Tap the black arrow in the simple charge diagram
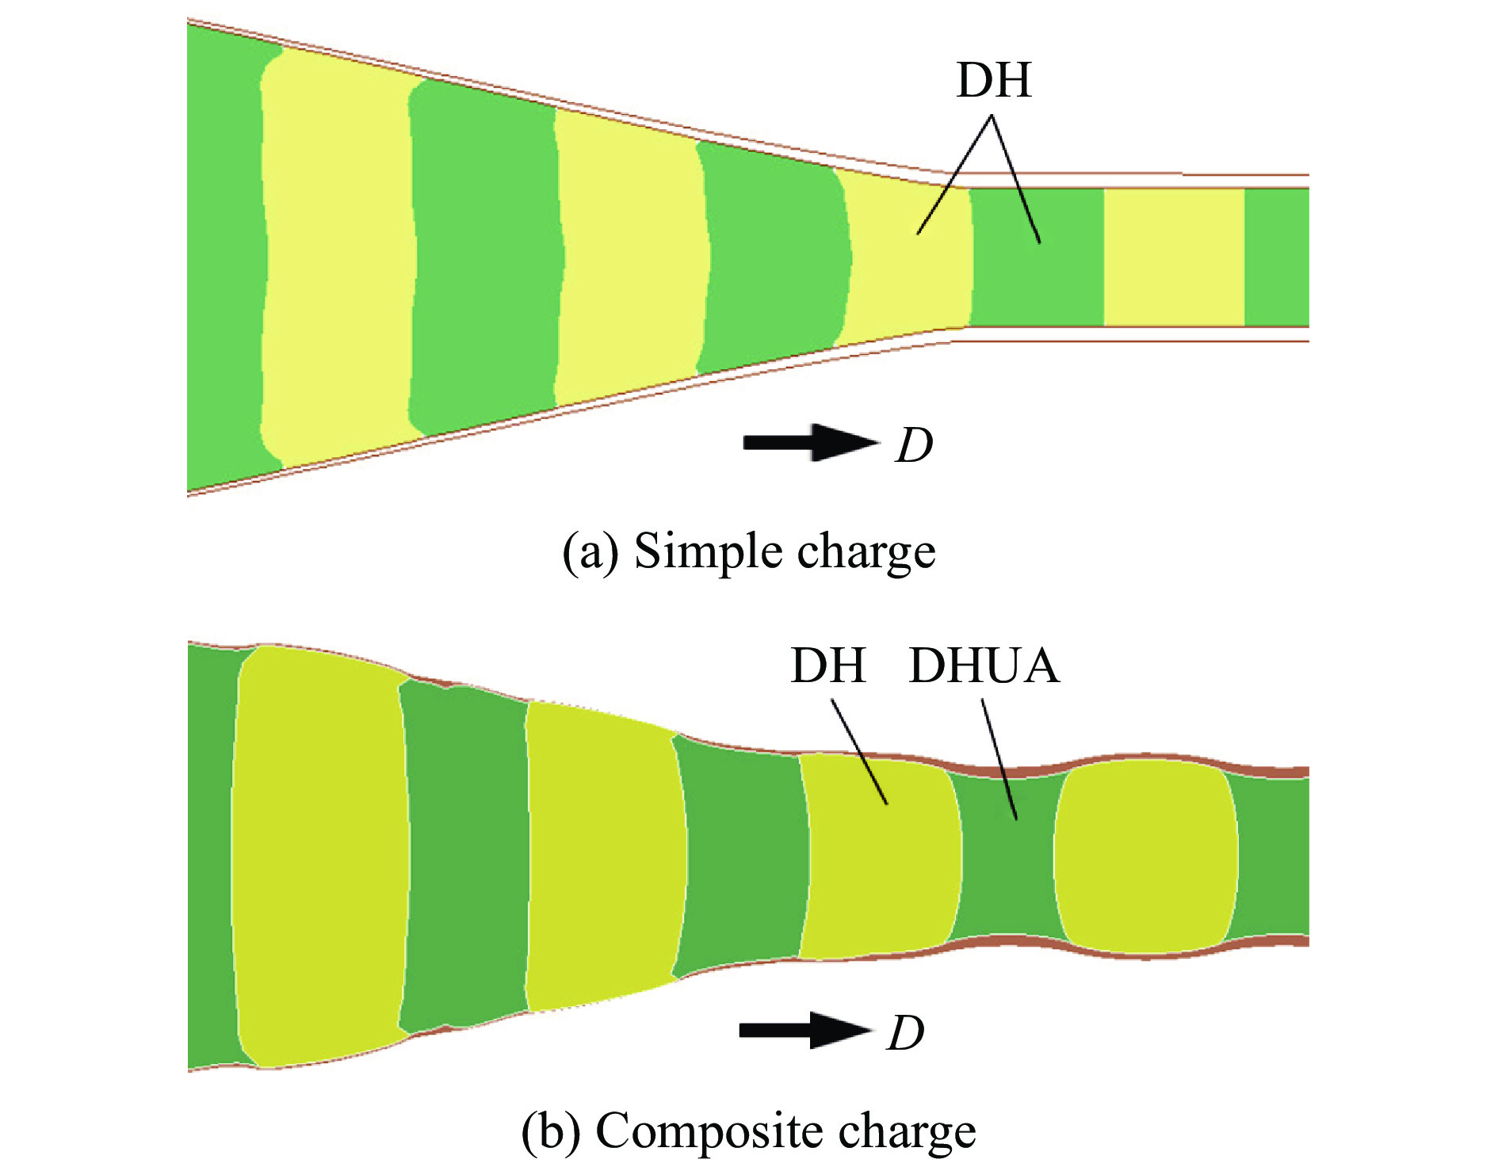point(811,442)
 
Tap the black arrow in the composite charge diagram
point(805,1030)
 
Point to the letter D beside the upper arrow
point(915,445)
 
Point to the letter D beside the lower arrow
point(906,1033)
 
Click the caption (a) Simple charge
point(749,551)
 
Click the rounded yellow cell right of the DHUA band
point(1145,856)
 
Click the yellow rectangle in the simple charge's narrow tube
point(1174,257)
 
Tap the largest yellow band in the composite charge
point(320,857)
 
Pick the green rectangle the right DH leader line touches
point(1038,257)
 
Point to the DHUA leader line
point(999,759)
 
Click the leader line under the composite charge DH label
point(859,752)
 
